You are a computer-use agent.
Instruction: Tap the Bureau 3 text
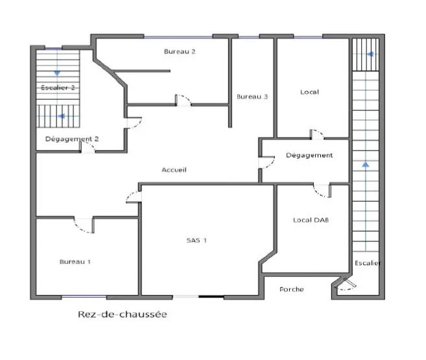pyautogui.click(x=252, y=97)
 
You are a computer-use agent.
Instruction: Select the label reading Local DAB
pyautogui.click(x=311, y=220)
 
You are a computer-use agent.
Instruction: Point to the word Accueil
pyautogui.click(x=174, y=170)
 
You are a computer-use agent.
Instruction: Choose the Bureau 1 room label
pyautogui.click(x=75, y=261)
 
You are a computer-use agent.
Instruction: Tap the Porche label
pyautogui.click(x=291, y=289)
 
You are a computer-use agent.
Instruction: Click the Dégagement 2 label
pyautogui.click(x=72, y=139)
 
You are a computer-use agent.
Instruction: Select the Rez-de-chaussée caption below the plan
pyautogui.click(x=122, y=315)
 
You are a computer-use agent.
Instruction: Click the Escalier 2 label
pyautogui.click(x=57, y=87)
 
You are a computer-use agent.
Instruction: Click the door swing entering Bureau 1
pyautogui.click(x=84, y=225)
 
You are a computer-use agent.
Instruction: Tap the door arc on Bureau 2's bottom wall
pyautogui.click(x=183, y=100)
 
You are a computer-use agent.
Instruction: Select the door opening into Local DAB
pyautogui.click(x=322, y=191)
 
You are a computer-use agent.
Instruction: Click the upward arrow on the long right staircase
pyautogui.click(x=366, y=165)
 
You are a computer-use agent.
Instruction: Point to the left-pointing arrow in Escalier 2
pyautogui.click(x=62, y=117)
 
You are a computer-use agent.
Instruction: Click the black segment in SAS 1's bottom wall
pyautogui.click(x=211, y=297)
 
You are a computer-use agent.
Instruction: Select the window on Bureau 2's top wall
pyautogui.click(x=178, y=36)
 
